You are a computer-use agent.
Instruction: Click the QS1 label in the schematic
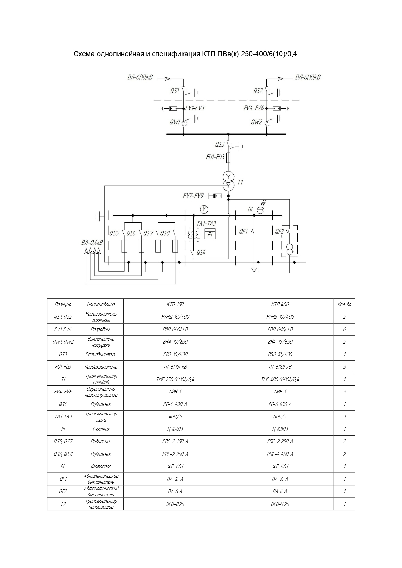(x=175, y=91)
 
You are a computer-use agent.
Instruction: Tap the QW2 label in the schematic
(x=256, y=122)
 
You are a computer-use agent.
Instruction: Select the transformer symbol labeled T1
(x=228, y=181)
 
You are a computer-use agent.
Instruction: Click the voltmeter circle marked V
(x=204, y=210)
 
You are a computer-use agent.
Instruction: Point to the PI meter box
(x=210, y=234)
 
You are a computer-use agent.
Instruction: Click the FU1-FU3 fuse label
(x=215, y=157)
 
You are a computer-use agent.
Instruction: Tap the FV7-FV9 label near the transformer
(x=193, y=196)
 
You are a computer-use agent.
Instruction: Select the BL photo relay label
(x=250, y=210)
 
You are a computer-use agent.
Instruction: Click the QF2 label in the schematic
(x=279, y=232)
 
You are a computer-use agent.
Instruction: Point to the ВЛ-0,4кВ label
(x=92, y=243)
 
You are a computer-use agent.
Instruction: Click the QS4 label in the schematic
(x=201, y=253)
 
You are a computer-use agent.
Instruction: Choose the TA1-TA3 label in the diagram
(x=206, y=223)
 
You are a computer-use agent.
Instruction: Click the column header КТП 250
(x=175, y=304)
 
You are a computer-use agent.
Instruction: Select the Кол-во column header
(x=344, y=304)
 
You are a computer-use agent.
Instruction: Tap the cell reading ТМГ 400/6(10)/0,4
(x=280, y=379)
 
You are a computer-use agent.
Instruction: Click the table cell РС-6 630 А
(x=280, y=404)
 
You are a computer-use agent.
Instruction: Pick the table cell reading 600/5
(x=280, y=417)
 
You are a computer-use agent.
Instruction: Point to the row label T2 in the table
(x=63, y=504)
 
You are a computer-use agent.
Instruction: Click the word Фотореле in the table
(x=101, y=467)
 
